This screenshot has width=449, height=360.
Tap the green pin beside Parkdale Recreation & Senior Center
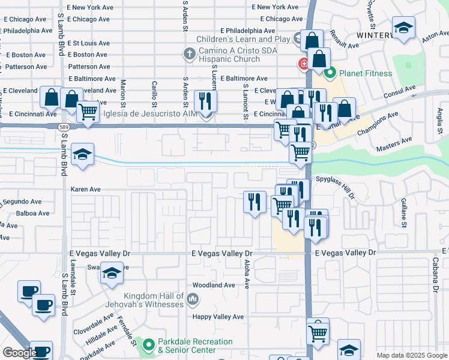[x=148, y=345]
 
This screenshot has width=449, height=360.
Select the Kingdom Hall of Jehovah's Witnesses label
[x=154, y=300]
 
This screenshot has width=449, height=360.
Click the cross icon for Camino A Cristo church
[x=189, y=55]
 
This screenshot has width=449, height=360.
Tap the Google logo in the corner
[x=19, y=353]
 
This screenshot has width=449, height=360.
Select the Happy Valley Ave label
[x=218, y=317]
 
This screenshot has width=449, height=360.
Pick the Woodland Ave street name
[x=213, y=286]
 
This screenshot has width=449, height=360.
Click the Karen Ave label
[x=85, y=190]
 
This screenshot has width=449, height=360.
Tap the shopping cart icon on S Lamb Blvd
[x=88, y=112]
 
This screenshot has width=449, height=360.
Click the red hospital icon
[x=304, y=63]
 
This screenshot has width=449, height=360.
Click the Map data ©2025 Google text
[x=411, y=355]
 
